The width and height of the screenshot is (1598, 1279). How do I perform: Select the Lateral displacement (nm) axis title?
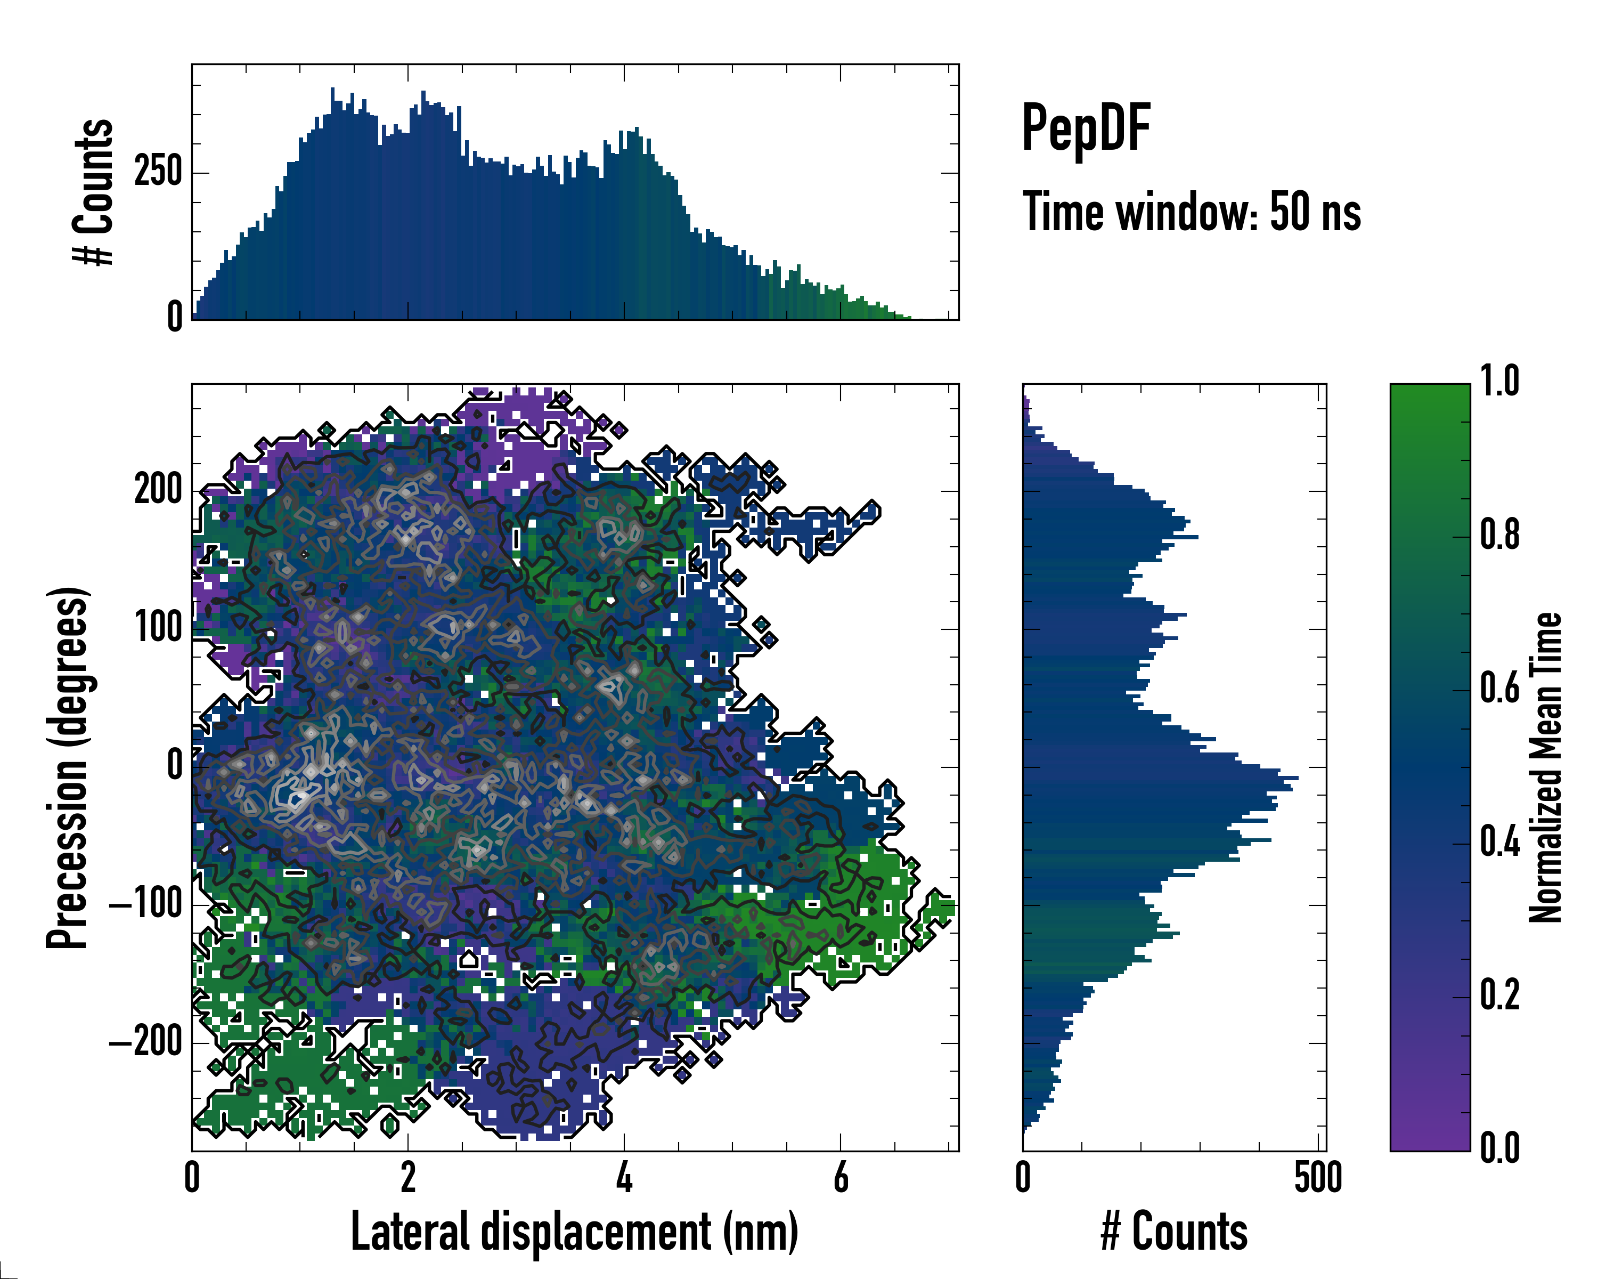click(574, 1232)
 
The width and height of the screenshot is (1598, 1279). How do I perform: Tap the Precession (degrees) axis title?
click(68, 767)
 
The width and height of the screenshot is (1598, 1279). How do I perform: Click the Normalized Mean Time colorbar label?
click(1545, 767)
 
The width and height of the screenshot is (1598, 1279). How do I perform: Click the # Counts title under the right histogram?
click(1174, 1232)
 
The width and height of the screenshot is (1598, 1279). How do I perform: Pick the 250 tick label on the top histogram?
click(158, 172)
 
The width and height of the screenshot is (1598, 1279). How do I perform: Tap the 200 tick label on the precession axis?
click(158, 490)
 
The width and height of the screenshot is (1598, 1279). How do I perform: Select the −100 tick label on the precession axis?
click(146, 904)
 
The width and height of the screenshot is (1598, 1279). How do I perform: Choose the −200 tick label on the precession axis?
click(146, 1042)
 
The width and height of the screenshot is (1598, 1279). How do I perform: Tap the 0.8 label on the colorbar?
click(1499, 536)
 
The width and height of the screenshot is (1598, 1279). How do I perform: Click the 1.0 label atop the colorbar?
click(1499, 383)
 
